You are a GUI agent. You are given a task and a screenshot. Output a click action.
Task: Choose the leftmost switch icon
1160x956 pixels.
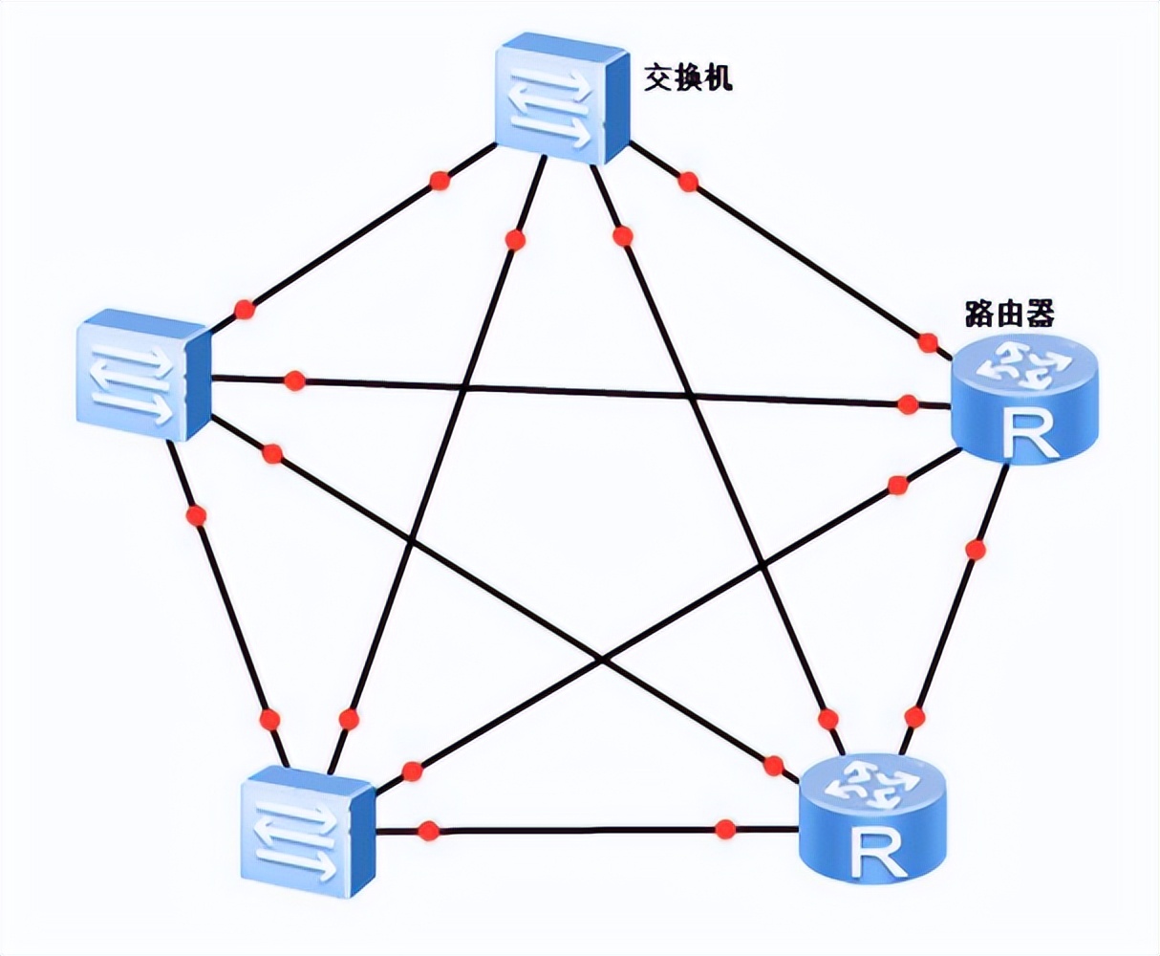tap(142, 375)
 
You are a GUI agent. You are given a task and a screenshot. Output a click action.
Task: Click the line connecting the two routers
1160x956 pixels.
tap(946, 631)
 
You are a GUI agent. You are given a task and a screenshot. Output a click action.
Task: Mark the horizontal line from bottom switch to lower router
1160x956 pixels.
tap(573, 829)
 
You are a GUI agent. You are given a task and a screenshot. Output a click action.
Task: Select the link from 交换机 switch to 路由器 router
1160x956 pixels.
tap(803, 258)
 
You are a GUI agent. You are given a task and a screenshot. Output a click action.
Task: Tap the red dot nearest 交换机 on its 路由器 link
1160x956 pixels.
tap(688, 182)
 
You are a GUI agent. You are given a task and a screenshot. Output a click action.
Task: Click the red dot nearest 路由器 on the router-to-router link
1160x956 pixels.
tap(975, 550)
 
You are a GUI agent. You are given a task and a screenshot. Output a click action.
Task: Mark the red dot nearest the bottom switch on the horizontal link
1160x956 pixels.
tap(428, 829)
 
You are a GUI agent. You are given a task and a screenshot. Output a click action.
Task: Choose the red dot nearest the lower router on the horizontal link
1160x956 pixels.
tap(725, 828)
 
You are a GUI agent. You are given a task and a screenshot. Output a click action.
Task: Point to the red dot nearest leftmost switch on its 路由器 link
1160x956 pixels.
tap(294, 380)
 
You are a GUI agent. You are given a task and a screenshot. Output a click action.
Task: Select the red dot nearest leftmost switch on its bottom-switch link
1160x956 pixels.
tap(197, 516)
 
